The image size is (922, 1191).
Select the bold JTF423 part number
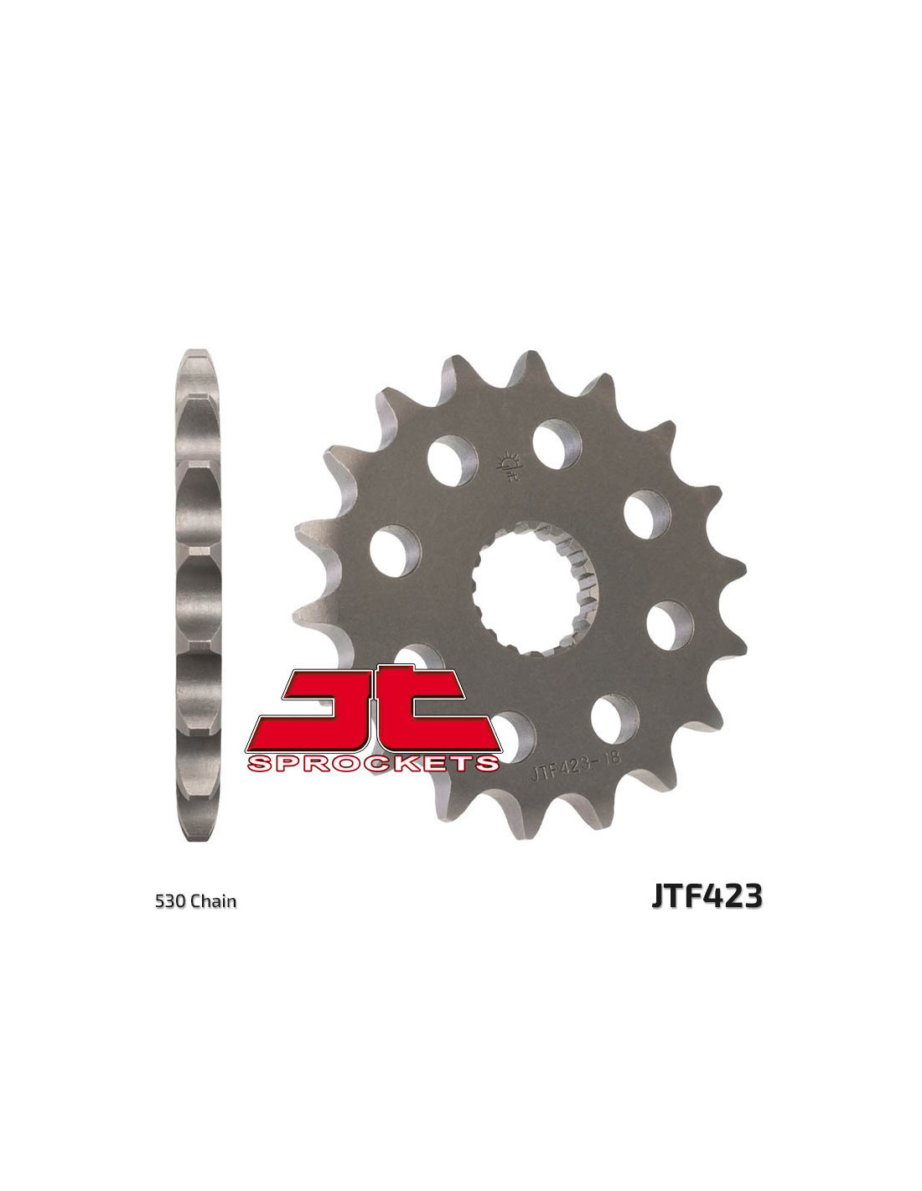707,896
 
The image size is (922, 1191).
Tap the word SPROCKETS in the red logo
373,763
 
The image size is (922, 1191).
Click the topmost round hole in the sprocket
557,444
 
